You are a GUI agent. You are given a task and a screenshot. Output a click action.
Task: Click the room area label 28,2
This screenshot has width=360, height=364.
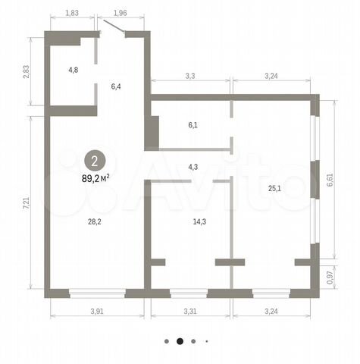[x=95, y=221]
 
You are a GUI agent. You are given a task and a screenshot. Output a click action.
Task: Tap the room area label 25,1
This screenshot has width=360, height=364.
[x=274, y=188]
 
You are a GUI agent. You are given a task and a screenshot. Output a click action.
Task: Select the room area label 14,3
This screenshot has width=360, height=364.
[x=199, y=221]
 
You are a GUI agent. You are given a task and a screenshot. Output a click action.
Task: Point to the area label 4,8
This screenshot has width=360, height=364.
[x=74, y=70]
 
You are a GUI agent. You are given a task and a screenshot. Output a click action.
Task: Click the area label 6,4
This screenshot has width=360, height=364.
[x=116, y=86]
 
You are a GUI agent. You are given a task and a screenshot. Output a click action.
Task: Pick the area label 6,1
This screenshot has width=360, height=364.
[x=193, y=125]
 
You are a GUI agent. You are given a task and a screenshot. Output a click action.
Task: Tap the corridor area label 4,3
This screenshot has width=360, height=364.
[x=193, y=167]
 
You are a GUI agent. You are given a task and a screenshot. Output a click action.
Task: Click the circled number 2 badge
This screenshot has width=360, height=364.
[x=95, y=161]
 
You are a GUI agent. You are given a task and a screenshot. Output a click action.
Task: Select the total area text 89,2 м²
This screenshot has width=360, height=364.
[x=95, y=179]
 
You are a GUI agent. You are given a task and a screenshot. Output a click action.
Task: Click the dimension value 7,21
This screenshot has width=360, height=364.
[x=27, y=203]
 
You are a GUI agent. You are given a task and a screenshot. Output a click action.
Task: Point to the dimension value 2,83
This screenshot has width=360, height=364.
[x=27, y=72]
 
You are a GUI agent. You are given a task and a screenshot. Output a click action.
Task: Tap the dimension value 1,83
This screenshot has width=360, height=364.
[x=72, y=13]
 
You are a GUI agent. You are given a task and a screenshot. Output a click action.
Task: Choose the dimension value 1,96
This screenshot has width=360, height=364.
[x=120, y=13]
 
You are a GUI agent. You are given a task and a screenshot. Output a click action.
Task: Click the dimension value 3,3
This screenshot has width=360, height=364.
[x=190, y=76]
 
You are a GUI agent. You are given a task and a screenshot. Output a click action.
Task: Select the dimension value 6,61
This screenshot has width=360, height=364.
[x=330, y=180]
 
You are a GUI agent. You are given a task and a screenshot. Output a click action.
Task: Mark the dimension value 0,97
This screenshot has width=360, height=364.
[x=330, y=278]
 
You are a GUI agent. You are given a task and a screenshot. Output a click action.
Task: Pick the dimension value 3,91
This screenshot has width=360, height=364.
[x=97, y=311]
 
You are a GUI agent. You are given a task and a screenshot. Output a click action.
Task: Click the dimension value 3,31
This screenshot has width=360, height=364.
[x=190, y=311]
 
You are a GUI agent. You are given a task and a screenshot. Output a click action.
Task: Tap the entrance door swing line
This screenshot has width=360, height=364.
[x=114, y=26]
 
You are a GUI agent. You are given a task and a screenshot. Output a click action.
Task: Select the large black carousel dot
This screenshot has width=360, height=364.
[x=180, y=341]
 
